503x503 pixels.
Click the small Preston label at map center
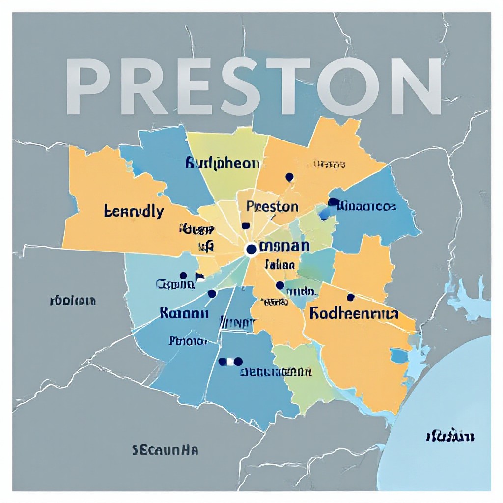[x=272, y=206]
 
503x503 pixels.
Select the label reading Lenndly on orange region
[x=134, y=212]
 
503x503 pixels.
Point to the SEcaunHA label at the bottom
[x=165, y=449]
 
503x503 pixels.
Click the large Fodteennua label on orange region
[x=354, y=313]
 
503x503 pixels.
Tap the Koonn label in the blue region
[x=184, y=313]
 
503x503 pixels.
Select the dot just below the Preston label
[x=246, y=225]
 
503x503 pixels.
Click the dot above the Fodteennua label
[x=350, y=297]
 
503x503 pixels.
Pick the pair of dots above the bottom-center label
[x=230, y=362]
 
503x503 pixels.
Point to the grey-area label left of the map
[x=73, y=301]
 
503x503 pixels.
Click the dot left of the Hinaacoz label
[x=333, y=202]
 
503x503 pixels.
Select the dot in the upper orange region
[x=289, y=177]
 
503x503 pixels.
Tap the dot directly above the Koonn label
[x=212, y=294]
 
